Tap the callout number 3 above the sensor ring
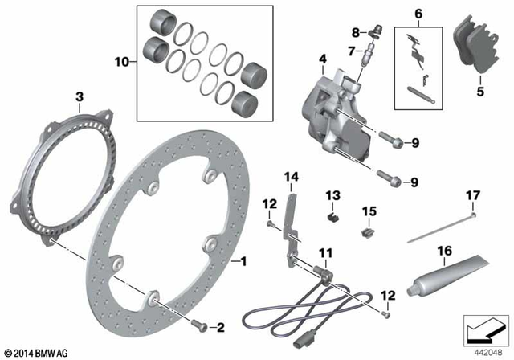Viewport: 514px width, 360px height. coord(80,97)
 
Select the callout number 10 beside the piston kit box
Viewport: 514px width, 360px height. coord(121,61)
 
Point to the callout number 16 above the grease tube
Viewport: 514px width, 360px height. coord(443,251)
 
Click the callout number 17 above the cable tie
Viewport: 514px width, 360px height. coord(473,195)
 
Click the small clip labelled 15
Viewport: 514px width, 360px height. coord(369,233)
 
